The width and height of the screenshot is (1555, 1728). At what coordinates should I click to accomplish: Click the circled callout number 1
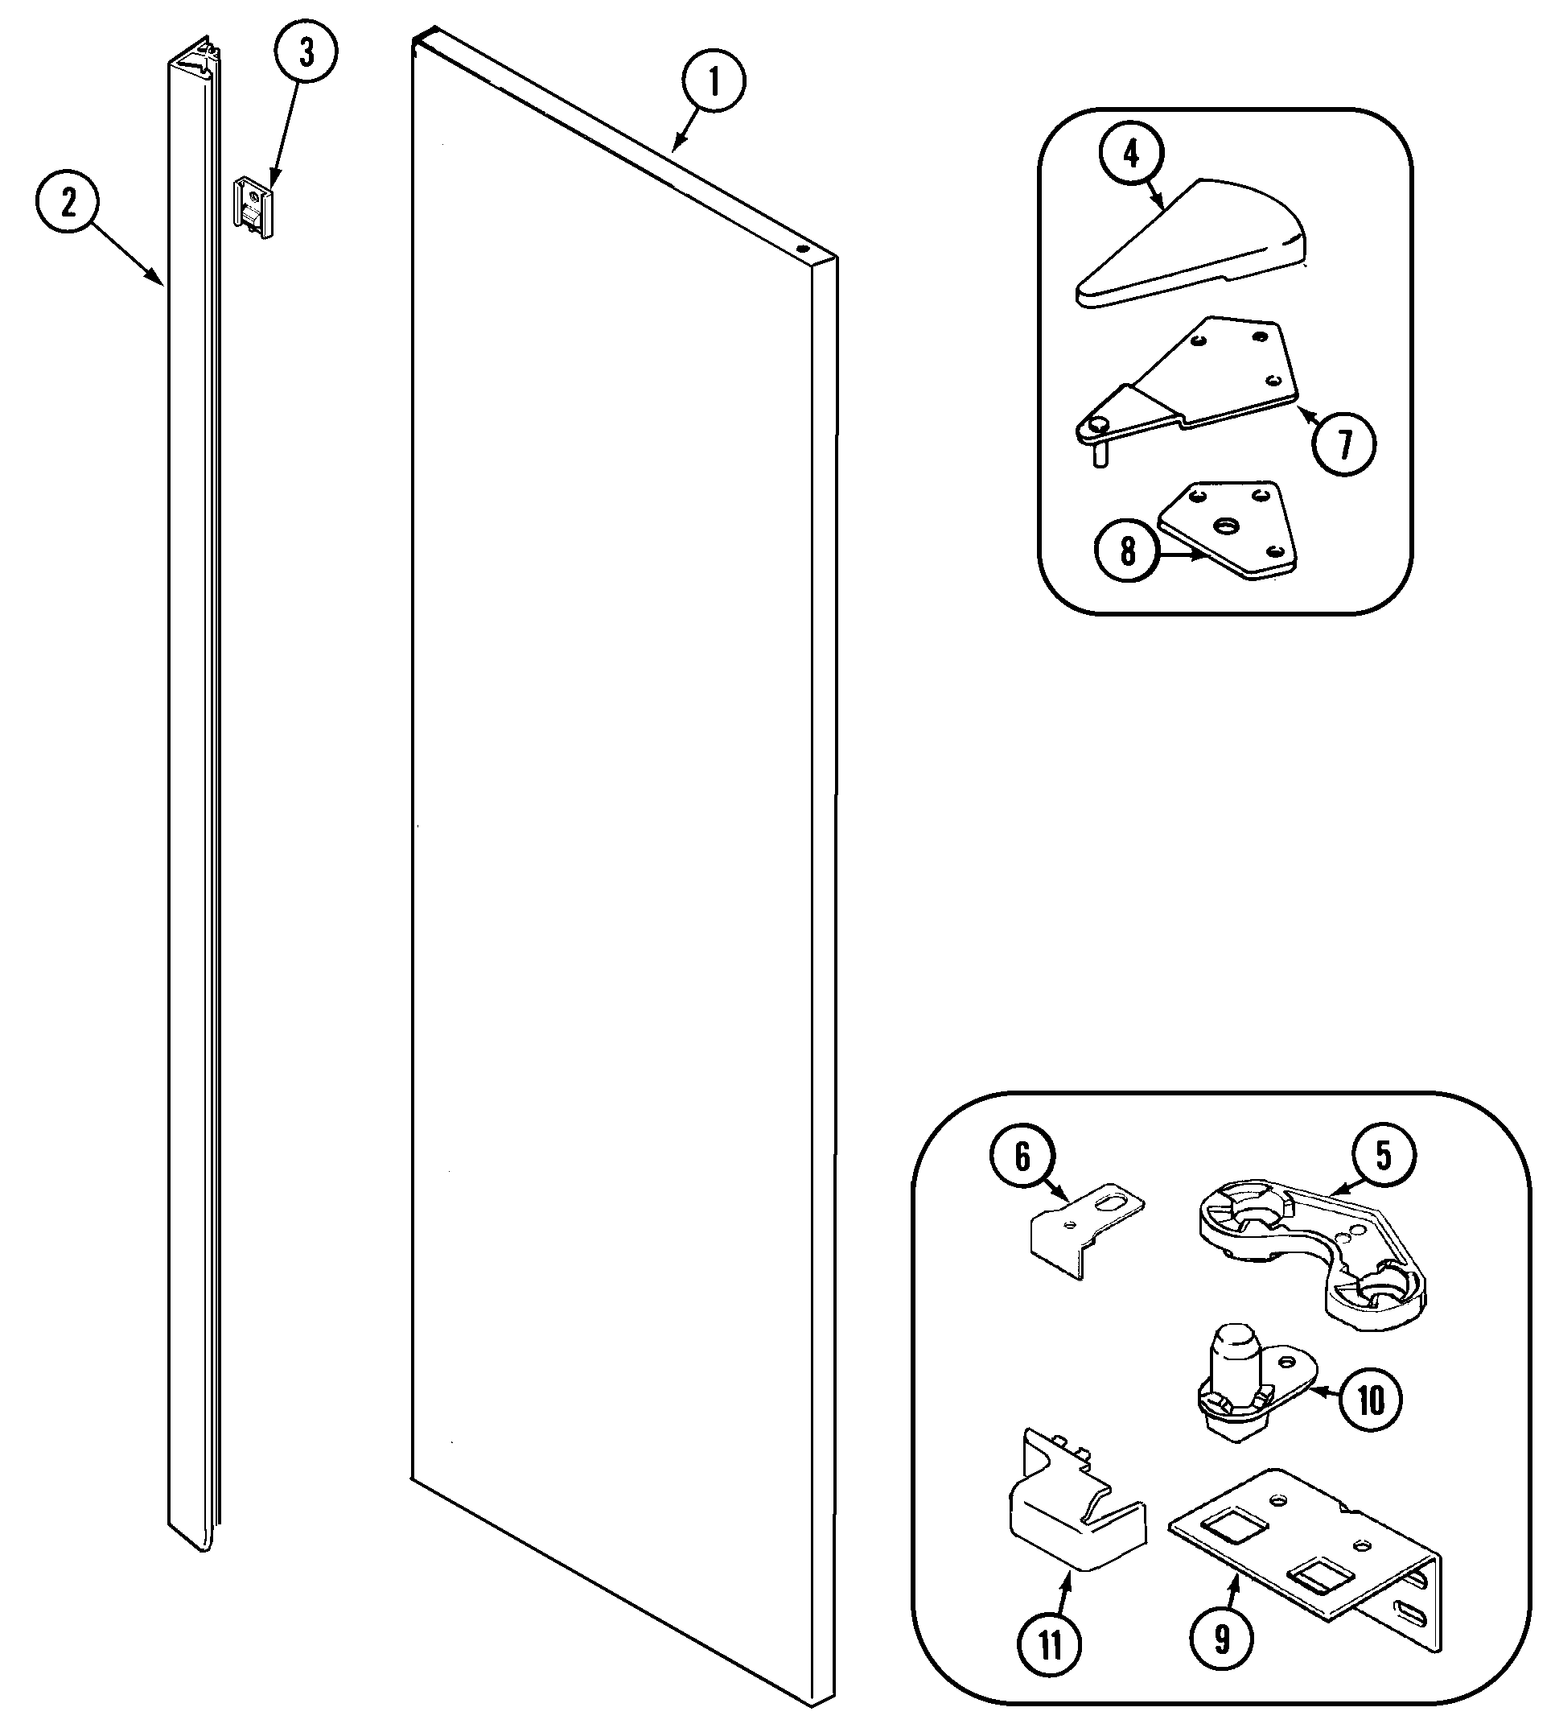[x=714, y=82]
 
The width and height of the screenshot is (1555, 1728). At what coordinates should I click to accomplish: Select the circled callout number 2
[x=68, y=203]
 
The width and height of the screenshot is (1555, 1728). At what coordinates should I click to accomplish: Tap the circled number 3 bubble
[x=306, y=52]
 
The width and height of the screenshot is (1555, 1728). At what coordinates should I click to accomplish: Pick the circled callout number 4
[x=1131, y=154]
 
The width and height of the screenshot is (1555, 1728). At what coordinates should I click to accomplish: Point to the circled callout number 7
[x=1345, y=443]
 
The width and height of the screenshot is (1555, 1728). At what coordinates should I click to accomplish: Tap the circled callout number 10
[x=1370, y=1400]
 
